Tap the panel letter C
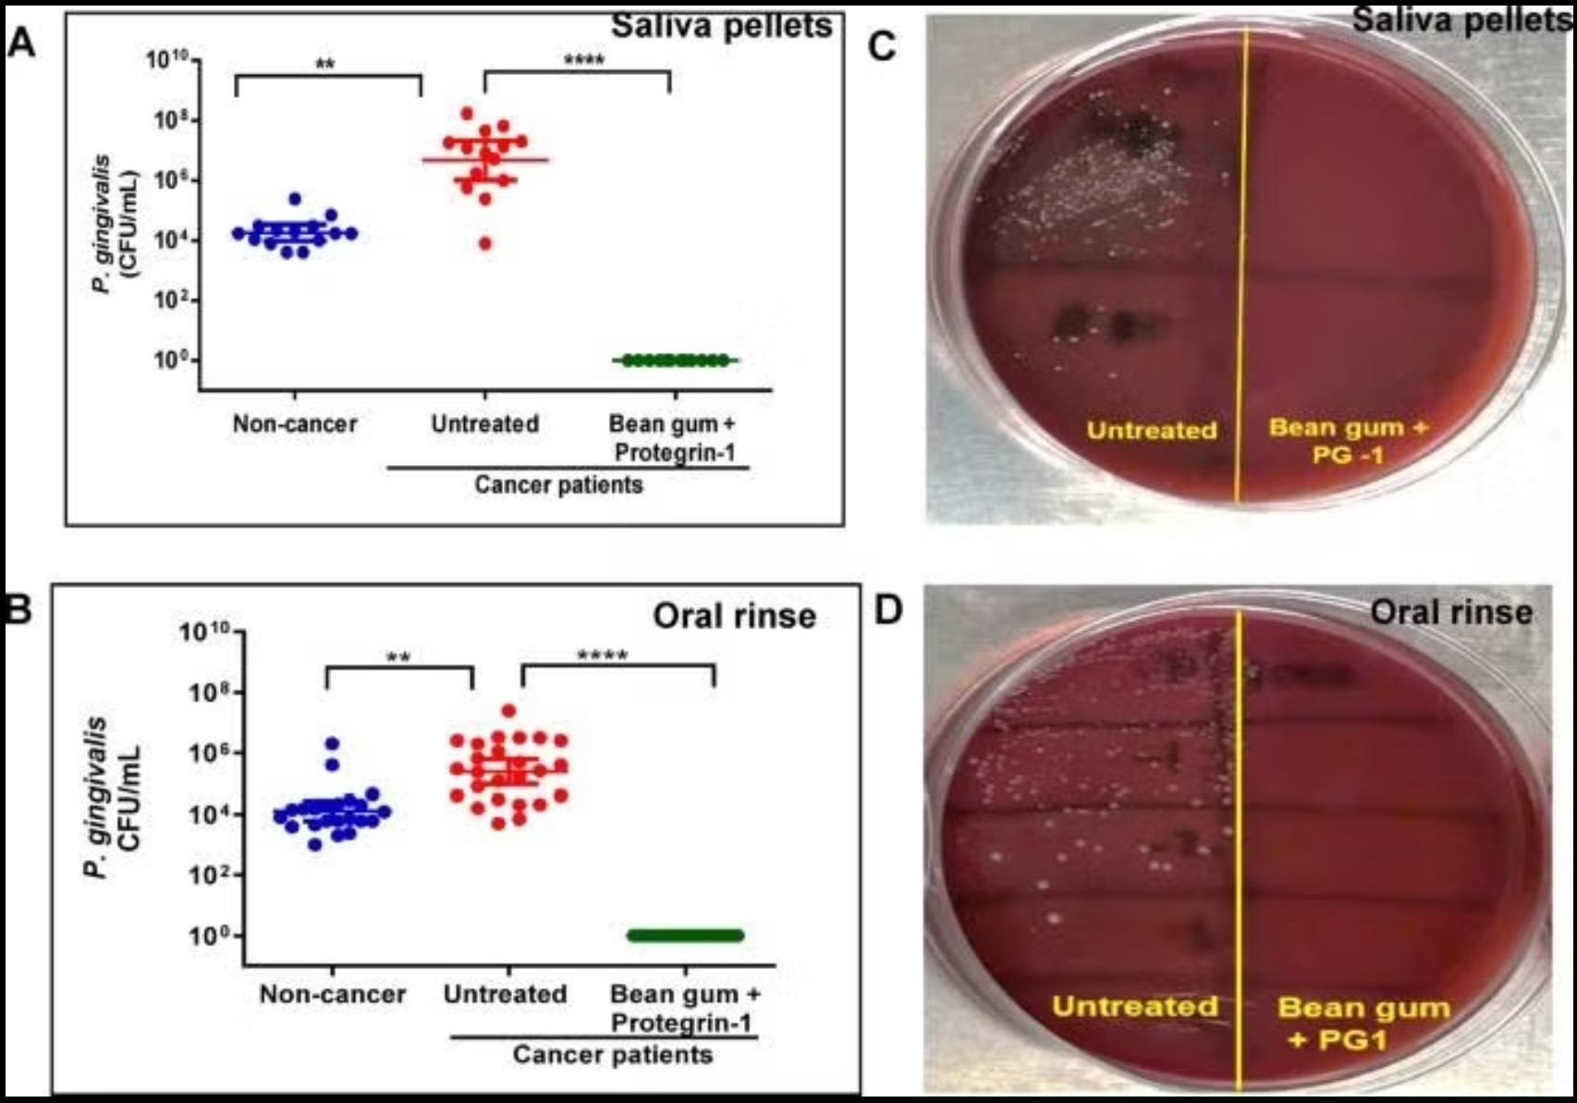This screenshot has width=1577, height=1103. click(883, 47)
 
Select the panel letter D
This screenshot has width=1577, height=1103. click(888, 609)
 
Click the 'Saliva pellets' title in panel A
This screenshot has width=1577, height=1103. click(722, 26)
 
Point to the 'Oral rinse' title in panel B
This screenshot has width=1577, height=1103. click(734, 616)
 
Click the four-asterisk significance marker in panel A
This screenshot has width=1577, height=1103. click(583, 60)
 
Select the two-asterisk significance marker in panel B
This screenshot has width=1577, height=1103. click(398, 658)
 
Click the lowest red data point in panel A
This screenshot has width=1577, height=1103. click(485, 244)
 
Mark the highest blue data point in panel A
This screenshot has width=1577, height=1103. click(295, 200)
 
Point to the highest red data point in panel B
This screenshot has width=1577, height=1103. click(509, 711)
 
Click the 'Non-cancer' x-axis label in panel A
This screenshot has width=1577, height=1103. click(295, 424)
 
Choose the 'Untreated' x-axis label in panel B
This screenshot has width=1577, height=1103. click(505, 995)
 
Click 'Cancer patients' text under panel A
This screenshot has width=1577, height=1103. click(558, 484)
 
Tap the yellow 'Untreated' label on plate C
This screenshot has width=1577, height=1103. click(1151, 430)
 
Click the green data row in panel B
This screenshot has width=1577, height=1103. click(685, 936)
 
